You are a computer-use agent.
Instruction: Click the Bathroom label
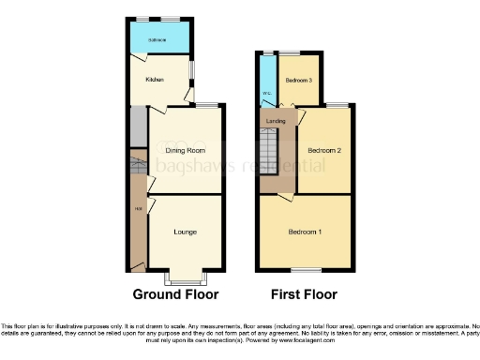157,39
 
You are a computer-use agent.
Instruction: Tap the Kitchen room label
155,80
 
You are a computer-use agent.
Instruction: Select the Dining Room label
186,150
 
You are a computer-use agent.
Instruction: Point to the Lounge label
185,231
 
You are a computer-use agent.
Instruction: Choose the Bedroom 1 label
305,232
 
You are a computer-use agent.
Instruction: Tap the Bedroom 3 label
299,79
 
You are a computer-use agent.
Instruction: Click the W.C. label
266,93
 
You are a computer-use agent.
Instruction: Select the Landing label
276,121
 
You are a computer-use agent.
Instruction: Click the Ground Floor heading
175,293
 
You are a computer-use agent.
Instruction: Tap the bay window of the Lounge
185,278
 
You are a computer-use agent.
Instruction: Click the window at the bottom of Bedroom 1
305,270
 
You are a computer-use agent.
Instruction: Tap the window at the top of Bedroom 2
338,104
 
